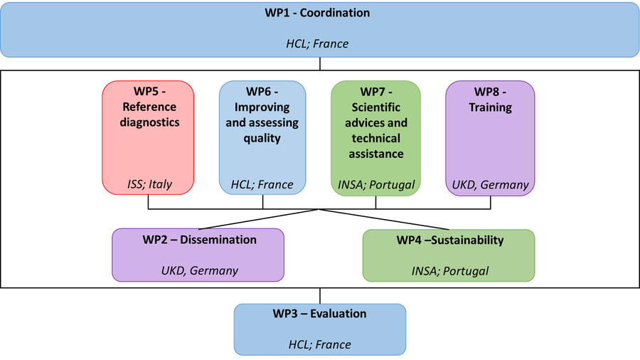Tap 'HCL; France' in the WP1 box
coord(317,43)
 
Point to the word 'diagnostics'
coord(149,122)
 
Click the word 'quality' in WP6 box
coord(262,138)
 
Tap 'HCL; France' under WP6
coord(262,185)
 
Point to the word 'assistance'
coord(377,154)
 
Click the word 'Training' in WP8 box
coord(490,107)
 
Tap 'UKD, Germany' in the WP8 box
coord(490,185)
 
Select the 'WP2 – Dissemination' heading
coord(199,240)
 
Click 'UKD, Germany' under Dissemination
coord(199,270)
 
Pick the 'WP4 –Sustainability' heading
coord(449,240)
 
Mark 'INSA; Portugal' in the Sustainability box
coord(449,270)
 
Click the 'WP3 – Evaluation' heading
coord(319,314)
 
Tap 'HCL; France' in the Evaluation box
coord(319,344)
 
